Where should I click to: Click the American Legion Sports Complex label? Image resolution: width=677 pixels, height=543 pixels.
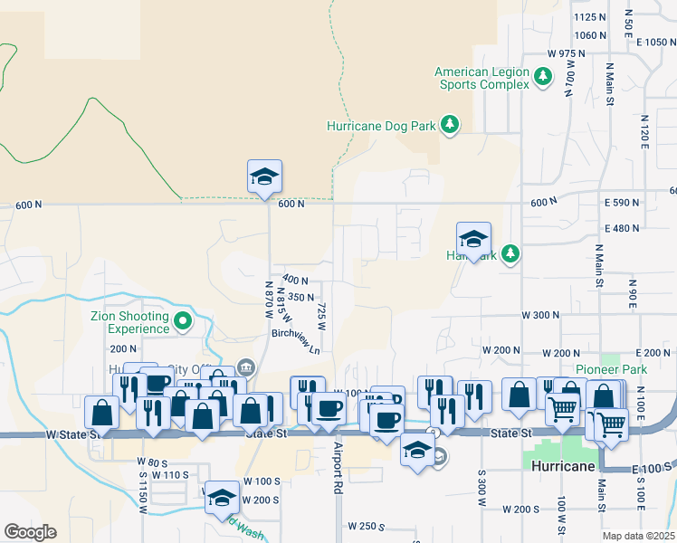(x=482, y=78)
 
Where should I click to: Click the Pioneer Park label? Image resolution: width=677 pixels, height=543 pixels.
(x=610, y=369)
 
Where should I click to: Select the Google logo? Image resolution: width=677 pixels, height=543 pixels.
(x=30, y=532)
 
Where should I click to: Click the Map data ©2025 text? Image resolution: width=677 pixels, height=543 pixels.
(x=639, y=536)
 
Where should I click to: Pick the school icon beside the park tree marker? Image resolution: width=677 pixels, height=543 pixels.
(x=473, y=239)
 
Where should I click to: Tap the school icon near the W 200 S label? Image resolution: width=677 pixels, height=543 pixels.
(x=222, y=497)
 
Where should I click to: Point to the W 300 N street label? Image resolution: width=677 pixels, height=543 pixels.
(x=540, y=314)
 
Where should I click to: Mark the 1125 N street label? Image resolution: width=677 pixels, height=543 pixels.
(x=589, y=17)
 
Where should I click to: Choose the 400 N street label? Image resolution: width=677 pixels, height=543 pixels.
(x=295, y=280)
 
